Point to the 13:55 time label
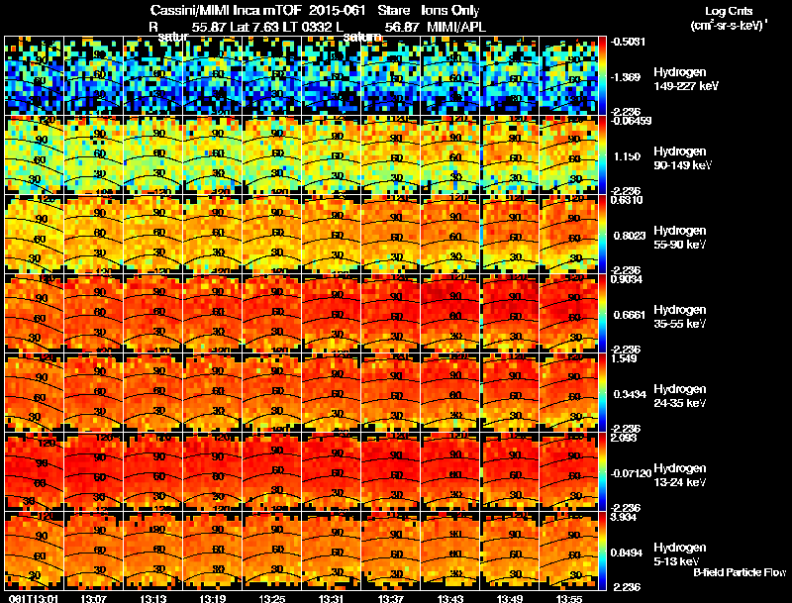point(568,598)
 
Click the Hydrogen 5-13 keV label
point(678,553)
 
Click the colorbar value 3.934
point(624,517)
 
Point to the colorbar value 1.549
point(624,358)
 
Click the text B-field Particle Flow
point(739,572)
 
